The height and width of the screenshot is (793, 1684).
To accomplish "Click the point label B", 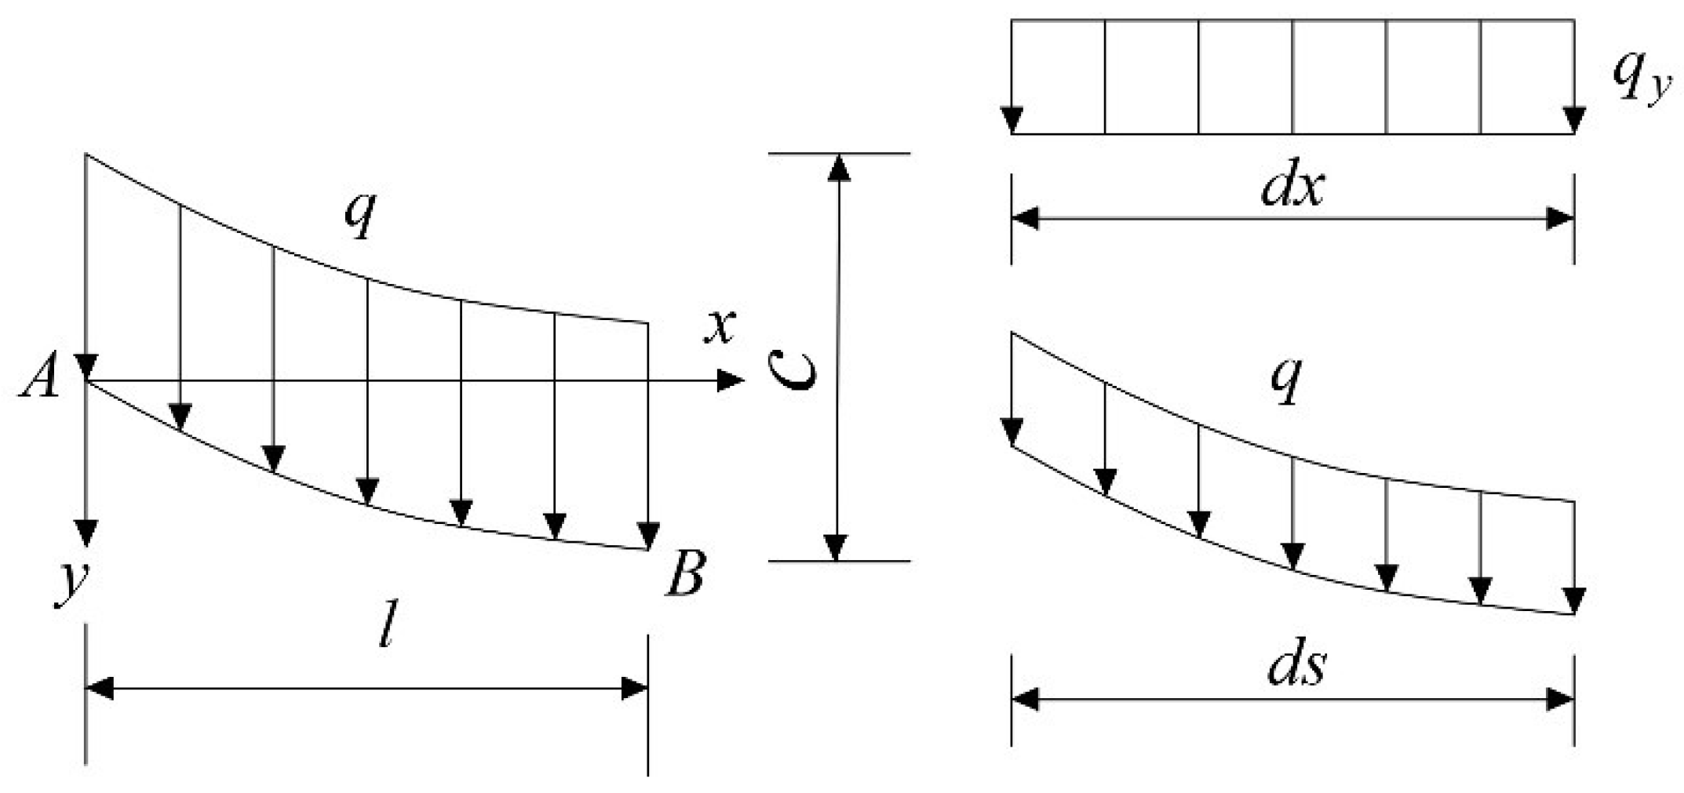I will [686, 574].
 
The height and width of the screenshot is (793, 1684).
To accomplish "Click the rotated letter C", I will [792, 369].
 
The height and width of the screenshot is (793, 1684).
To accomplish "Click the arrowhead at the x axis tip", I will [730, 381].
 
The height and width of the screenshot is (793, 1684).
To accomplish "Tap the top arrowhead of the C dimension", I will [840, 168].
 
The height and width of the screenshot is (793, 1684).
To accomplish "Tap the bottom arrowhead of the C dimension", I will [837, 547].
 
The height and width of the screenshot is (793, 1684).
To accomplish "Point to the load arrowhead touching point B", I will [648, 536].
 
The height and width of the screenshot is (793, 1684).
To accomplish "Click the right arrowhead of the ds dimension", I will [1560, 699].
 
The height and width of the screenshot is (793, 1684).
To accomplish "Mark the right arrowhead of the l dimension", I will [634, 689].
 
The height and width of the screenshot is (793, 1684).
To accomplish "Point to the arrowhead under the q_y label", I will [1574, 120].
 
